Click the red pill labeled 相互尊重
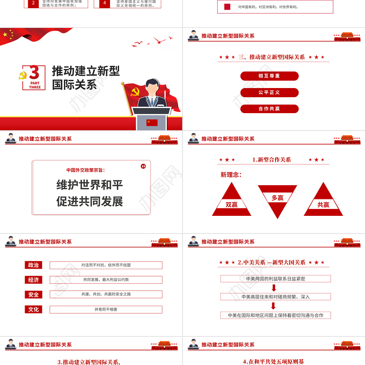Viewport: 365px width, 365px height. (x=269, y=76)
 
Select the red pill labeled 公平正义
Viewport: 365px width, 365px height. (x=269, y=92)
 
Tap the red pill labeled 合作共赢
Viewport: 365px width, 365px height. (x=269, y=109)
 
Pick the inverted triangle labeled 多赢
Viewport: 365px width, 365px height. (x=277, y=197)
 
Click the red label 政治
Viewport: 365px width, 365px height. (x=33, y=265)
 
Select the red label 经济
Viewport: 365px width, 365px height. (x=33, y=280)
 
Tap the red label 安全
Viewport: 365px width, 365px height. (x=33, y=295)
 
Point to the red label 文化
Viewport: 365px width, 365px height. (x=33, y=309)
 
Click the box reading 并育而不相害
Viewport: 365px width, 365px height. (x=106, y=309)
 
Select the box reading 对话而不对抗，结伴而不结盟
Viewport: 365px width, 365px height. (x=106, y=265)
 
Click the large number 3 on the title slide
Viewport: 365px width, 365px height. (x=34, y=73)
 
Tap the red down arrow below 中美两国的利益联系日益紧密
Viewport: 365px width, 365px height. (x=274, y=287)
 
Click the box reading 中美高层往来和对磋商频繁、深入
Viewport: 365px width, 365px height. (x=276, y=297)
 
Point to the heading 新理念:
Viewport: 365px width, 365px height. (x=231, y=174)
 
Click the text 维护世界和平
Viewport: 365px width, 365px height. (x=89, y=185)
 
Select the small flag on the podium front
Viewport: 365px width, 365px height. (x=151, y=122)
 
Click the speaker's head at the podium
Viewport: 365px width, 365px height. (x=151, y=87)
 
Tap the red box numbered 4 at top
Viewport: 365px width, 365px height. (x=105, y=3)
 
